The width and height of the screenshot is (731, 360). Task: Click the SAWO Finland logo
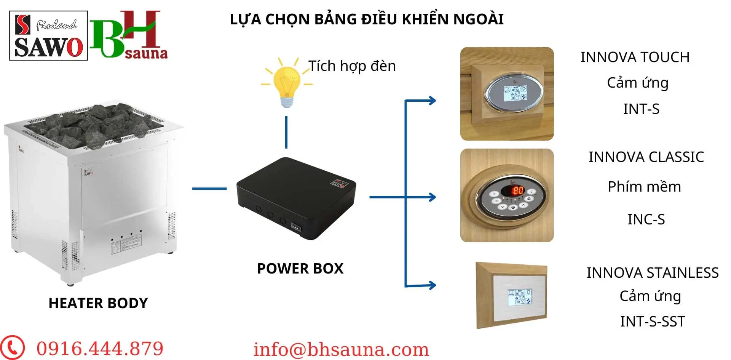[48, 36]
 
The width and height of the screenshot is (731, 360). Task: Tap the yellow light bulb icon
[287, 83]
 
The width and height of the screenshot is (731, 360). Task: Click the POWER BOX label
[300, 269]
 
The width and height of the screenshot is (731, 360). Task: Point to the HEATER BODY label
[98, 303]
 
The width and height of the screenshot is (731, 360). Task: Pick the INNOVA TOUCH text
[635, 57]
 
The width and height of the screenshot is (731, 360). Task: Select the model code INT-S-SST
[652, 322]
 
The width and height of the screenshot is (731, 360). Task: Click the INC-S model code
[646, 219]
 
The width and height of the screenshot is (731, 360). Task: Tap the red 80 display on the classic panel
[518, 190]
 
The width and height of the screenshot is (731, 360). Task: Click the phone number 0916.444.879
[100, 349]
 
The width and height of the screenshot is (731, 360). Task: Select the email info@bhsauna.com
[341, 350]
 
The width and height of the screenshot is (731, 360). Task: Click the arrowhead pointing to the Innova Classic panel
[432, 197]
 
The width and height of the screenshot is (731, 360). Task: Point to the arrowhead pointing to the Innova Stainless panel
[432, 285]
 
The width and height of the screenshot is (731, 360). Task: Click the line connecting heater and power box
[209, 188]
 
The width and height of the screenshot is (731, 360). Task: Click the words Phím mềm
[644, 187]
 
